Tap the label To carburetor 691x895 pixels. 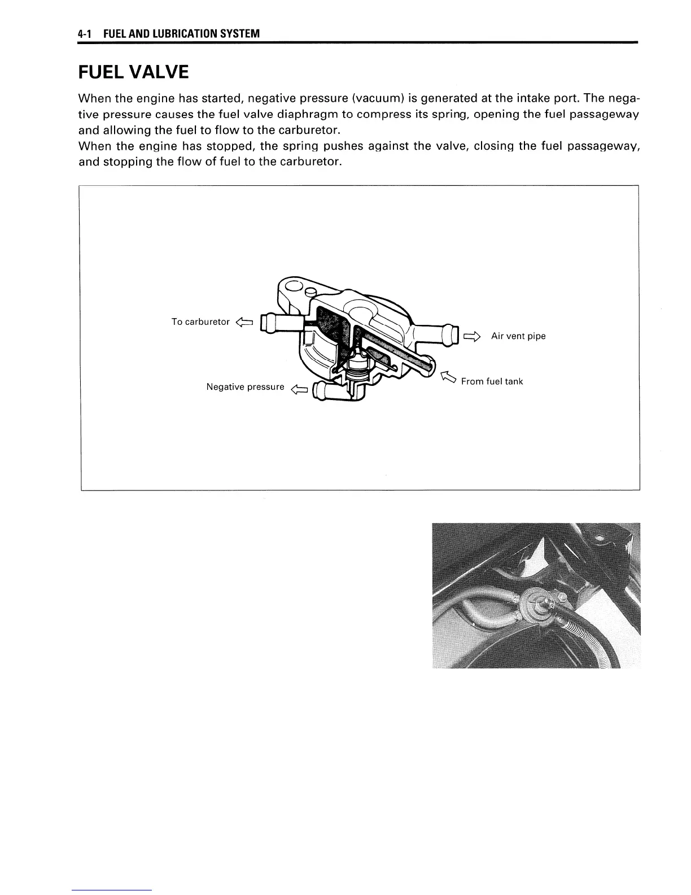coord(200,322)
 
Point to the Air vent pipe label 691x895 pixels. coord(518,336)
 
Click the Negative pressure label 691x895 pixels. coord(245,387)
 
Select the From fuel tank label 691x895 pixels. coord(492,381)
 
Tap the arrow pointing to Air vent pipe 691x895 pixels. coord(471,337)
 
